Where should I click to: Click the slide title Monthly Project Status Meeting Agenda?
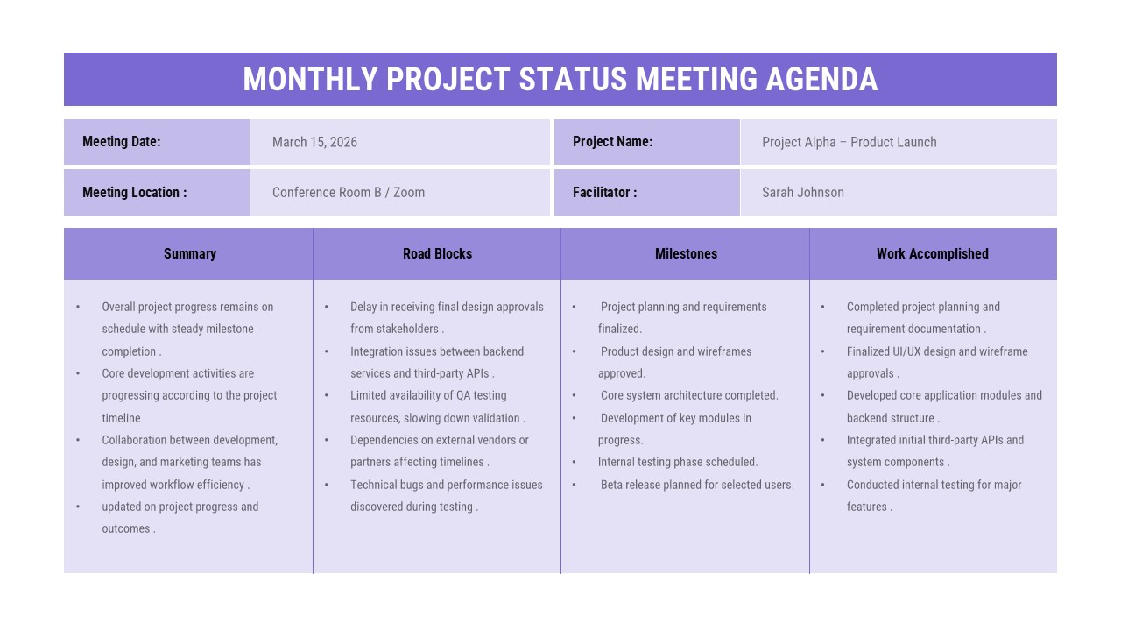(560, 79)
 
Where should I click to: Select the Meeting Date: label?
(122, 142)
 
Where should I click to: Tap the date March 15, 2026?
(314, 142)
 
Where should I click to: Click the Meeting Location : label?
(134, 193)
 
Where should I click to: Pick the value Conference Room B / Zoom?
(349, 193)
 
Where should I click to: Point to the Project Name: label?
(612, 142)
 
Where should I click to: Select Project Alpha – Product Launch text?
(849, 142)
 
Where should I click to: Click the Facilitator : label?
(604, 193)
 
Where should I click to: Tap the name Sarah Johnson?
(802, 193)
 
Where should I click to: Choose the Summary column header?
(189, 254)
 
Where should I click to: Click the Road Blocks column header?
(437, 254)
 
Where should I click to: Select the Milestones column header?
(686, 254)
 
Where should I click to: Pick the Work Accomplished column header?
(932, 254)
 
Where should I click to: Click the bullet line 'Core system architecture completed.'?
(688, 395)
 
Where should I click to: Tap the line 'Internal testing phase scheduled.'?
(678, 462)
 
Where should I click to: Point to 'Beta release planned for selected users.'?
(696, 485)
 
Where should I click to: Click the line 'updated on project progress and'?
(180, 507)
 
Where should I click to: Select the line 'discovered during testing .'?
(414, 507)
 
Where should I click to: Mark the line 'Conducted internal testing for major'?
(934, 485)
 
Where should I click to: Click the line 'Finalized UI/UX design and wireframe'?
(937, 351)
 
